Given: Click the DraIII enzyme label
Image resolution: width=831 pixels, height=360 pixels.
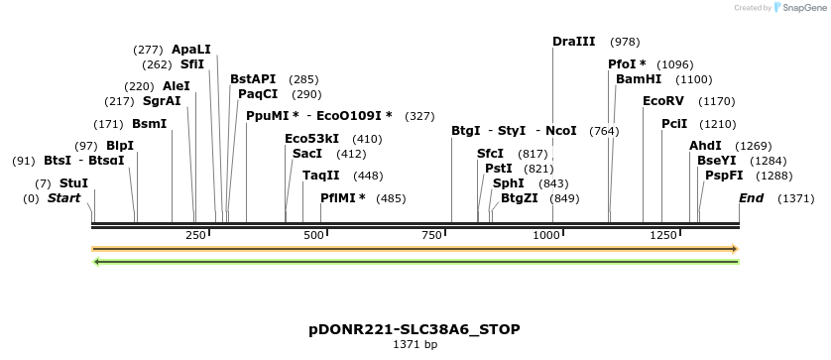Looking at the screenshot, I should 573,42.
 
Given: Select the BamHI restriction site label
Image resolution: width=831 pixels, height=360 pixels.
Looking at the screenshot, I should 638,79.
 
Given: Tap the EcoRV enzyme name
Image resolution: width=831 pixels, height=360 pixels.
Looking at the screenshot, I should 663,101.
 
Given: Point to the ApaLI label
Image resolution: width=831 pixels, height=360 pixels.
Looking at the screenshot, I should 191,50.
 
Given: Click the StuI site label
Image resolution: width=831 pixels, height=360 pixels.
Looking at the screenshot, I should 73,183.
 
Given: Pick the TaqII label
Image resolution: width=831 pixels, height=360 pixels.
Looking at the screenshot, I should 321,176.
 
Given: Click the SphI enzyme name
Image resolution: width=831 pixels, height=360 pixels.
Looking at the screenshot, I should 508,183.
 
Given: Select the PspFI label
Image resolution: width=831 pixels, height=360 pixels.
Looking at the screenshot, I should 724,176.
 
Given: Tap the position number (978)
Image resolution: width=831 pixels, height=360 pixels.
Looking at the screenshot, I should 625,42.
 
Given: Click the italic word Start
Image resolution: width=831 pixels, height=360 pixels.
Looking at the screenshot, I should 63,198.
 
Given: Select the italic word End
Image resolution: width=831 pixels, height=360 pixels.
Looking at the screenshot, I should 752,198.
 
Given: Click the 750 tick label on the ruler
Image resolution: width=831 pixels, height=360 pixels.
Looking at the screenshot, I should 431,235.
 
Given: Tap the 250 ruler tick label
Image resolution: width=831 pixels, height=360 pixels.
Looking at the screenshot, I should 195,235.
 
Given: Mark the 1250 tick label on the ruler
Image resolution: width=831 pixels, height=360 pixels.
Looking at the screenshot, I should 663,235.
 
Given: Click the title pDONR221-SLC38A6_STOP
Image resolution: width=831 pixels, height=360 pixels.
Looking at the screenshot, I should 415,329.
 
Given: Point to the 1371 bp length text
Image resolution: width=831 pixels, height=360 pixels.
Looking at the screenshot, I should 415,345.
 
